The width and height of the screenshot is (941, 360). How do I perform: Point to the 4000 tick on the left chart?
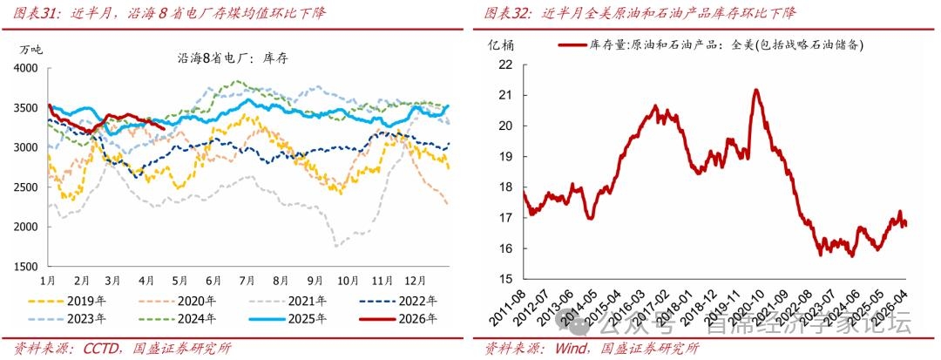pos(26,68)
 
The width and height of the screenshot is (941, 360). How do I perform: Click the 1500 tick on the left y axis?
pos(26,267)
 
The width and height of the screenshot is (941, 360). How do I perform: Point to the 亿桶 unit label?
pos(500,44)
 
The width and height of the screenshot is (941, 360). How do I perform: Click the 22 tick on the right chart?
pos(504,64)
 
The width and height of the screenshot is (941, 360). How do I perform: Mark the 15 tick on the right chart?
pos(504,279)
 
